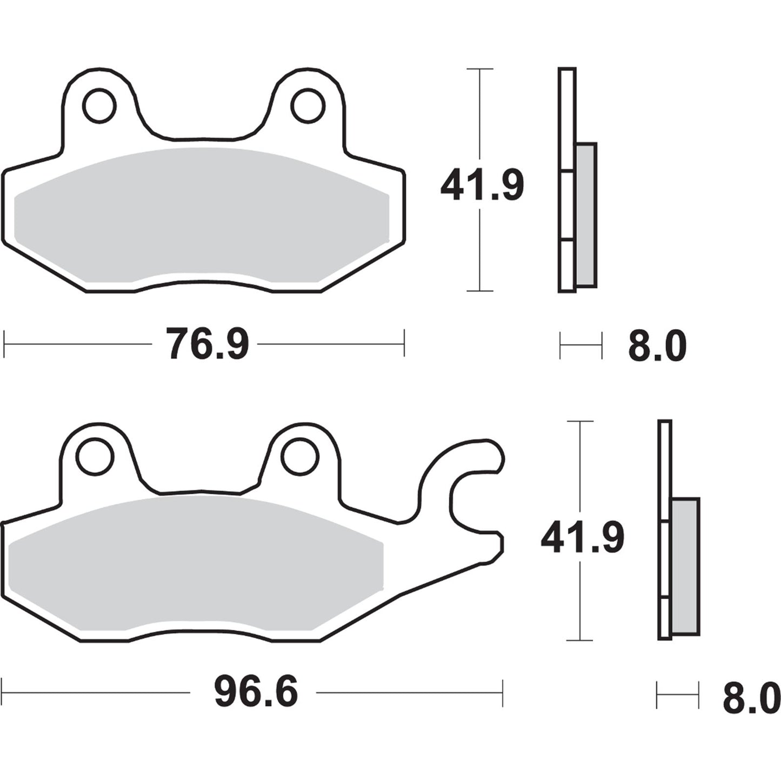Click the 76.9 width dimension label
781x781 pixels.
click(207, 344)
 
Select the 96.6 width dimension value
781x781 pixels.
click(256, 692)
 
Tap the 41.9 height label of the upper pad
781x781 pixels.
click(482, 185)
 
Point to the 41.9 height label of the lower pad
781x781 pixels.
click(582, 537)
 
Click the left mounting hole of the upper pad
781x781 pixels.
click(99, 105)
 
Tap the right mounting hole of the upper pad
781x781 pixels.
click(308, 105)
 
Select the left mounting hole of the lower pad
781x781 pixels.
click(95, 457)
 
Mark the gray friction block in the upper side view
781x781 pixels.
click(586, 215)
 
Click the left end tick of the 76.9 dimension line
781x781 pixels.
click(4, 343)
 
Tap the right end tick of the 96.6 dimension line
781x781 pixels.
click(503, 692)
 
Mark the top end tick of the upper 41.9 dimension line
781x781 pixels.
click(479, 69)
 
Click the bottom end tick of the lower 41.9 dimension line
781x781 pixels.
click(579, 640)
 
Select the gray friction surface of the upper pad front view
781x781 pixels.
click(200, 216)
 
